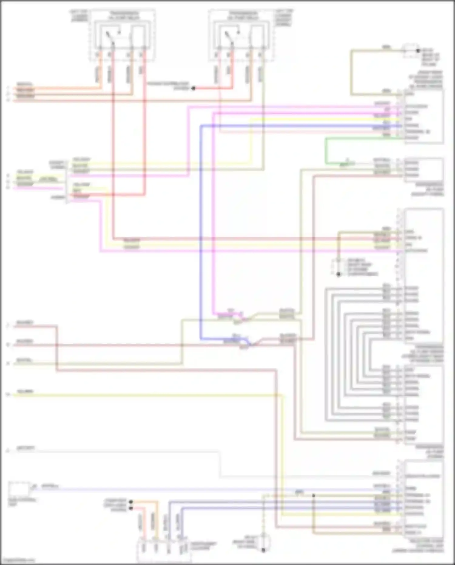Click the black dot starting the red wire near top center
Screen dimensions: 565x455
pos(193,88)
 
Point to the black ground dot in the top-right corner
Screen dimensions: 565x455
pos(418,51)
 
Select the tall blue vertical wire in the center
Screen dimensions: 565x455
pos(201,231)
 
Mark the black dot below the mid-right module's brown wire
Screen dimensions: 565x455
pos(339,274)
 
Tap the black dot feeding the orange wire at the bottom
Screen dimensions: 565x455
pos(131,502)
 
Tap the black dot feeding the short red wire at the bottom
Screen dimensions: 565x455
pos(131,508)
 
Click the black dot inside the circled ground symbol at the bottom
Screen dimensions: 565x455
pos(263,550)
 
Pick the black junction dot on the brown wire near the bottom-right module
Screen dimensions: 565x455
pos(314,495)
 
